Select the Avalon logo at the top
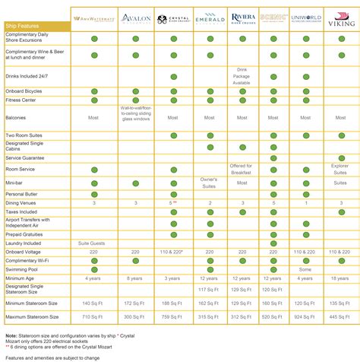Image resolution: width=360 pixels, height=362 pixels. tap(136, 21)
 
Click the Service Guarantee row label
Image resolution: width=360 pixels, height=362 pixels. tap(27, 157)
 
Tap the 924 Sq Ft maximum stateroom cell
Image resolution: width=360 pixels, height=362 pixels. tap(306, 316)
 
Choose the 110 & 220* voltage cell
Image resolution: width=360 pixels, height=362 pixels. tap(172, 251)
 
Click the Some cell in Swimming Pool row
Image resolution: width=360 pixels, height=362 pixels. tap(306, 268)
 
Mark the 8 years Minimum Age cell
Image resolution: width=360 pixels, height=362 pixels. tap(136, 278)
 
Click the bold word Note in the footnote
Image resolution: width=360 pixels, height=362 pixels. tap(11, 335)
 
